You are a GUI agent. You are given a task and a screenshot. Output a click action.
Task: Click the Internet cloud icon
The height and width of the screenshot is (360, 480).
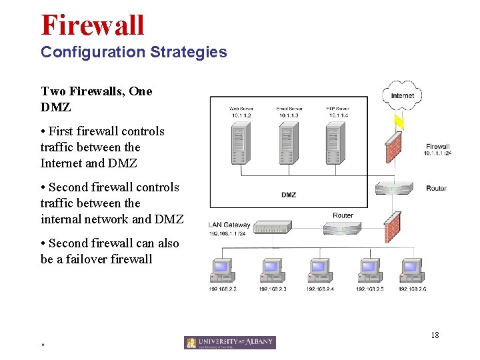tap(402, 95)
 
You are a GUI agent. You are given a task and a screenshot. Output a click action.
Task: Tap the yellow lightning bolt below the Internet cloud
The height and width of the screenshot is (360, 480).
tap(399, 121)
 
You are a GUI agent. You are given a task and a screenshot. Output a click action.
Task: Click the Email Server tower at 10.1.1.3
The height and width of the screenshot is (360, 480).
tap(288, 143)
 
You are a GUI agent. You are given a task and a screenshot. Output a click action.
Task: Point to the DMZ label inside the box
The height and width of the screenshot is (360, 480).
tap(289, 195)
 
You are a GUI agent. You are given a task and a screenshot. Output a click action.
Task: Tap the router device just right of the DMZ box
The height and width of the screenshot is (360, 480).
tap(395, 189)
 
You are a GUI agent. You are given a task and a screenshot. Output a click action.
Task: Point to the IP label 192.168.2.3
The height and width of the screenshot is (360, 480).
tap(272, 289)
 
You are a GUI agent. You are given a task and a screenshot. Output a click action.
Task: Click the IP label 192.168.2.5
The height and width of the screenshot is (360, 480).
tap(369, 289)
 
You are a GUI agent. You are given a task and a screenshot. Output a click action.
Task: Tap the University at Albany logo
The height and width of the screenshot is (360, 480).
tap(229, 342)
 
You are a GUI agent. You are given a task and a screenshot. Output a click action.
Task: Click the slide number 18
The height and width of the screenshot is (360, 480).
tap(435, 335)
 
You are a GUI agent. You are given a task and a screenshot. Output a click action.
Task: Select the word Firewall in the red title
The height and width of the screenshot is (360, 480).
tap(93, 25)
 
